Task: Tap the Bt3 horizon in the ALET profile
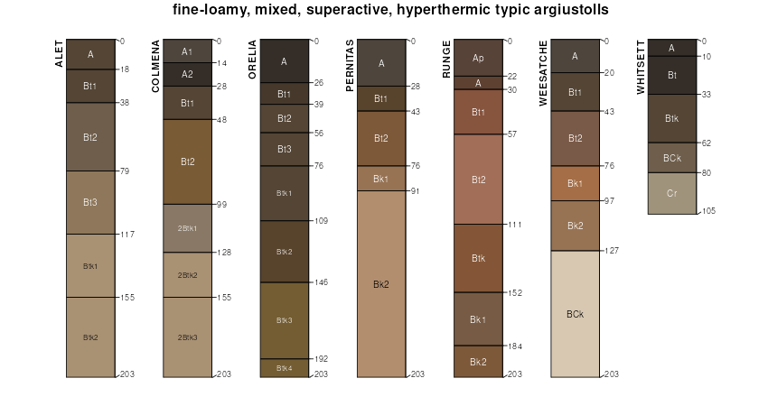click(x=90, y=202)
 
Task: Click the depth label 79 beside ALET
click(x=126, y=171)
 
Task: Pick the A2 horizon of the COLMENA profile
click(x=187, y=74)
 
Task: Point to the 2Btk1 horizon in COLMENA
click(x=187, y=228)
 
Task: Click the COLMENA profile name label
click(x=156, y=66)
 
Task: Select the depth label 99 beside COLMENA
click(x=222, y=205)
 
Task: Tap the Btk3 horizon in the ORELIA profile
click(x=284, y=320)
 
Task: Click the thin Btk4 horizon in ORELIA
click(x=284, y=368)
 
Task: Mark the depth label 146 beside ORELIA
click(x=321, y=282)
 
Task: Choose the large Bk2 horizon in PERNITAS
click(x=381, y=284)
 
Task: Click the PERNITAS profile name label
click(x=350, y=66)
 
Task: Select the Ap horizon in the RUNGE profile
click(x=478, y=58)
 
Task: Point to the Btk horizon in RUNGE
click(x=478, y=258)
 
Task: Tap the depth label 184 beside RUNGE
click(x=515, y=346)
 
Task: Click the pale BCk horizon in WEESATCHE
click(x=575, y=314)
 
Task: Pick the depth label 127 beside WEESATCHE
click(x=612, y=251)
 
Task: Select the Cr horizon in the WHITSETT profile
click(x=671, y=193)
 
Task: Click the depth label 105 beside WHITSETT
click(x=709, y=211)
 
